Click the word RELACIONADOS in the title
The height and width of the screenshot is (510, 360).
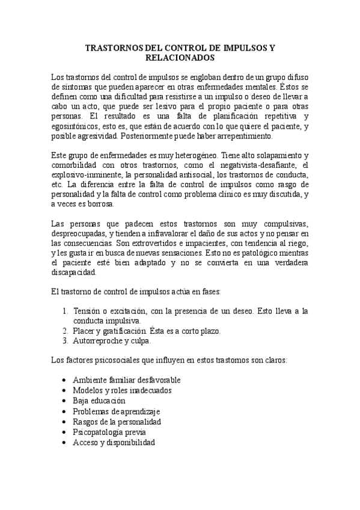point(180,58)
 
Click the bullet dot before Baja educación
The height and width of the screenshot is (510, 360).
point(65,401)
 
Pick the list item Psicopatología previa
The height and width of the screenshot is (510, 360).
point(109,432)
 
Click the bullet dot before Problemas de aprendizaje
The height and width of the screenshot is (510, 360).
point(65,411)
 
